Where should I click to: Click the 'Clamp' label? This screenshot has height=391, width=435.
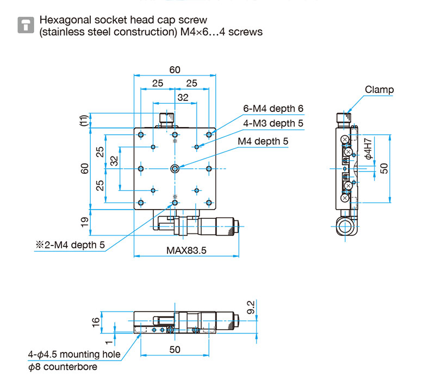379,90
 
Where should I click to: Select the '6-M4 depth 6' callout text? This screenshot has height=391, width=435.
273,109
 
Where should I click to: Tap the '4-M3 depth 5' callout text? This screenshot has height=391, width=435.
273,123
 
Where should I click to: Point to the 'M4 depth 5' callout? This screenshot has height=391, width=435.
263,142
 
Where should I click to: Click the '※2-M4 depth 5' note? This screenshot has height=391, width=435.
70,245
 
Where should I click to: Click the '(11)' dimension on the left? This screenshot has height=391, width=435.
83,121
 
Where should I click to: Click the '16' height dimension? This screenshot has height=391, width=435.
96,321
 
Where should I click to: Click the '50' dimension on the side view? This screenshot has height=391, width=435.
384,168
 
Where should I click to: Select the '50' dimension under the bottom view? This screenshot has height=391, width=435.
174,350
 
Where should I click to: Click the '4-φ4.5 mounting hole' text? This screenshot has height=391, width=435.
74,355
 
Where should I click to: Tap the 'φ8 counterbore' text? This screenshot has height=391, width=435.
63,367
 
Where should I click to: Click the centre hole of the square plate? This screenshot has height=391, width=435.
175,168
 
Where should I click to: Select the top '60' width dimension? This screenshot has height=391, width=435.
174,70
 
